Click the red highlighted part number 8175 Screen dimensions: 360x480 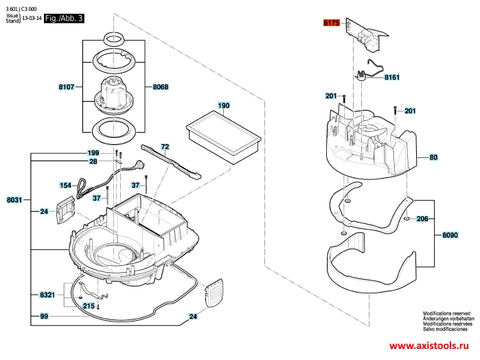(x=332, y=23)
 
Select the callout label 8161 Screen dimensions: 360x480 (x=391, y=78)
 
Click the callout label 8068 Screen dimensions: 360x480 (x=161, y=87)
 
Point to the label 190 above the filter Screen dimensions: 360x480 (x=223, y=106)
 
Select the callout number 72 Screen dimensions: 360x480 (x=165, y=146)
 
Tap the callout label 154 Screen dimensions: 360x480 (x=66, y=185)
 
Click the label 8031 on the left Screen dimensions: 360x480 (x=14, y=200)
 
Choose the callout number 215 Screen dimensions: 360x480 (x=89, y=306)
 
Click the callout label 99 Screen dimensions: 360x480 (x=44, y=316)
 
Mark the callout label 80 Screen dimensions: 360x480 (x=433, y=158)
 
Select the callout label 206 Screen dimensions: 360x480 (x=422, y=218)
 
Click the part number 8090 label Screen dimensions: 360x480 (x=450, y=235)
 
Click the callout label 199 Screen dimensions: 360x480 (x=93, y=153)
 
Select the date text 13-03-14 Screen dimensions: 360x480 (x=32, y=20)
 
